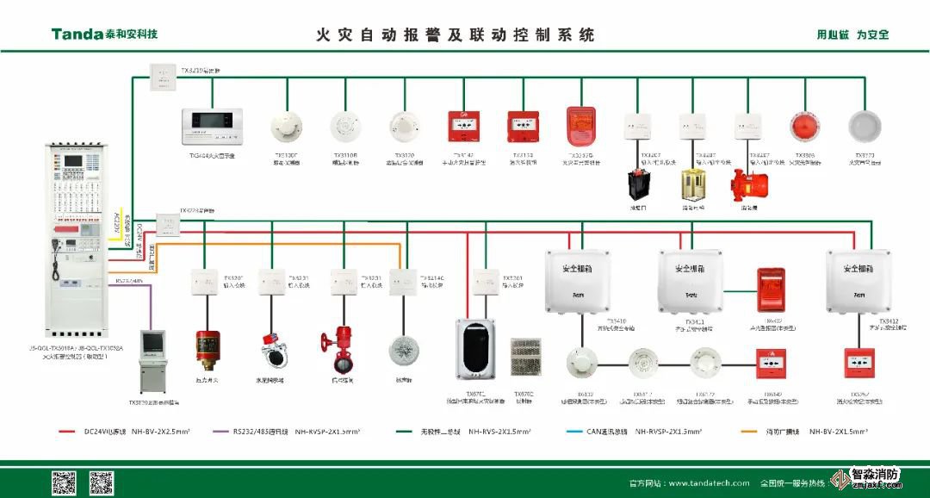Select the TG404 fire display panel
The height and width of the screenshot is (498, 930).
coord(212,128)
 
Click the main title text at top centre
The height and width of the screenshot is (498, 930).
coord(456,35)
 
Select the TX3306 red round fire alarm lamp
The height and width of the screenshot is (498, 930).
coord(804,126)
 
